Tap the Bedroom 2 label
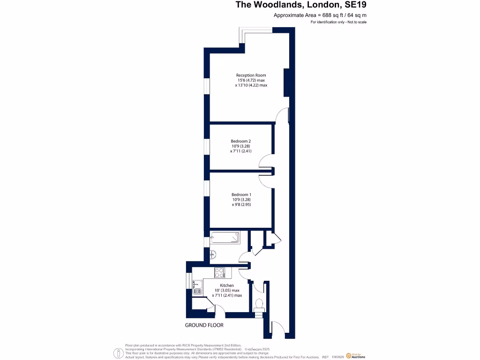coord(240,141)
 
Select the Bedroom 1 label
coord(241,195)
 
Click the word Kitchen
coord(227,285)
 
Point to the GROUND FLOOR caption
coord(204,325)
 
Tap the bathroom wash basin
coord(212,255)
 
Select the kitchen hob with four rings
coord(220,273)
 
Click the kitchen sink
coord(197,286)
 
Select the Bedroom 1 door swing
coord(265,179)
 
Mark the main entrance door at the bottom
coord(277,329)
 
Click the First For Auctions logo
coord(355,356)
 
